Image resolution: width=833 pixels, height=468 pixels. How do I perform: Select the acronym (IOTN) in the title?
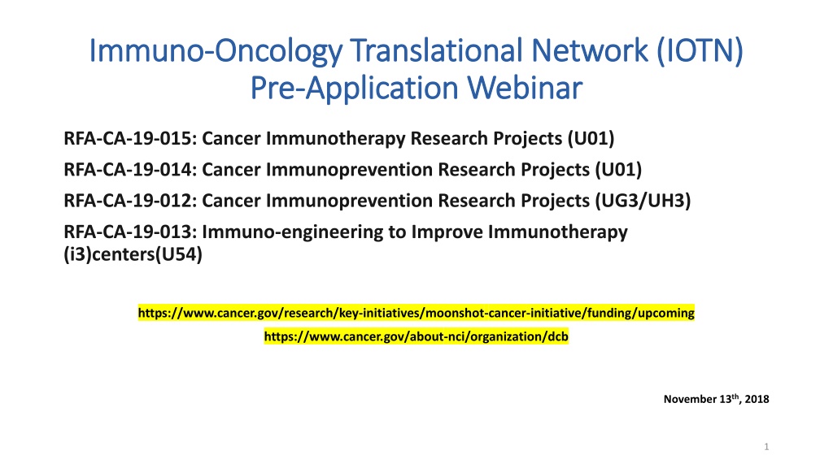coord(700,51)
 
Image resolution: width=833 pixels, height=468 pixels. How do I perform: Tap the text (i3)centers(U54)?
coord(133,254)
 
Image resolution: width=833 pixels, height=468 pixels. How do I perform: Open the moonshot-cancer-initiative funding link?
coord(416,313)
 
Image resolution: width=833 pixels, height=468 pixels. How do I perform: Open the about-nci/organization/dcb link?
coord(416,336)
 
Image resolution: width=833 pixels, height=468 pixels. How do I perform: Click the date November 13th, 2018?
coord(716,399)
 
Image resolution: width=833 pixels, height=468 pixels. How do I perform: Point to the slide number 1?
coord(766,447)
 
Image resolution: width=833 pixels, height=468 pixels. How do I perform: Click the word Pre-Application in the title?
coord(354,88)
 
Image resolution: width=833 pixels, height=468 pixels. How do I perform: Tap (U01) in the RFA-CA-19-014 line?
coord(618,169)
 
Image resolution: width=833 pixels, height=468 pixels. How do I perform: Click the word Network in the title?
coord(590,51)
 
